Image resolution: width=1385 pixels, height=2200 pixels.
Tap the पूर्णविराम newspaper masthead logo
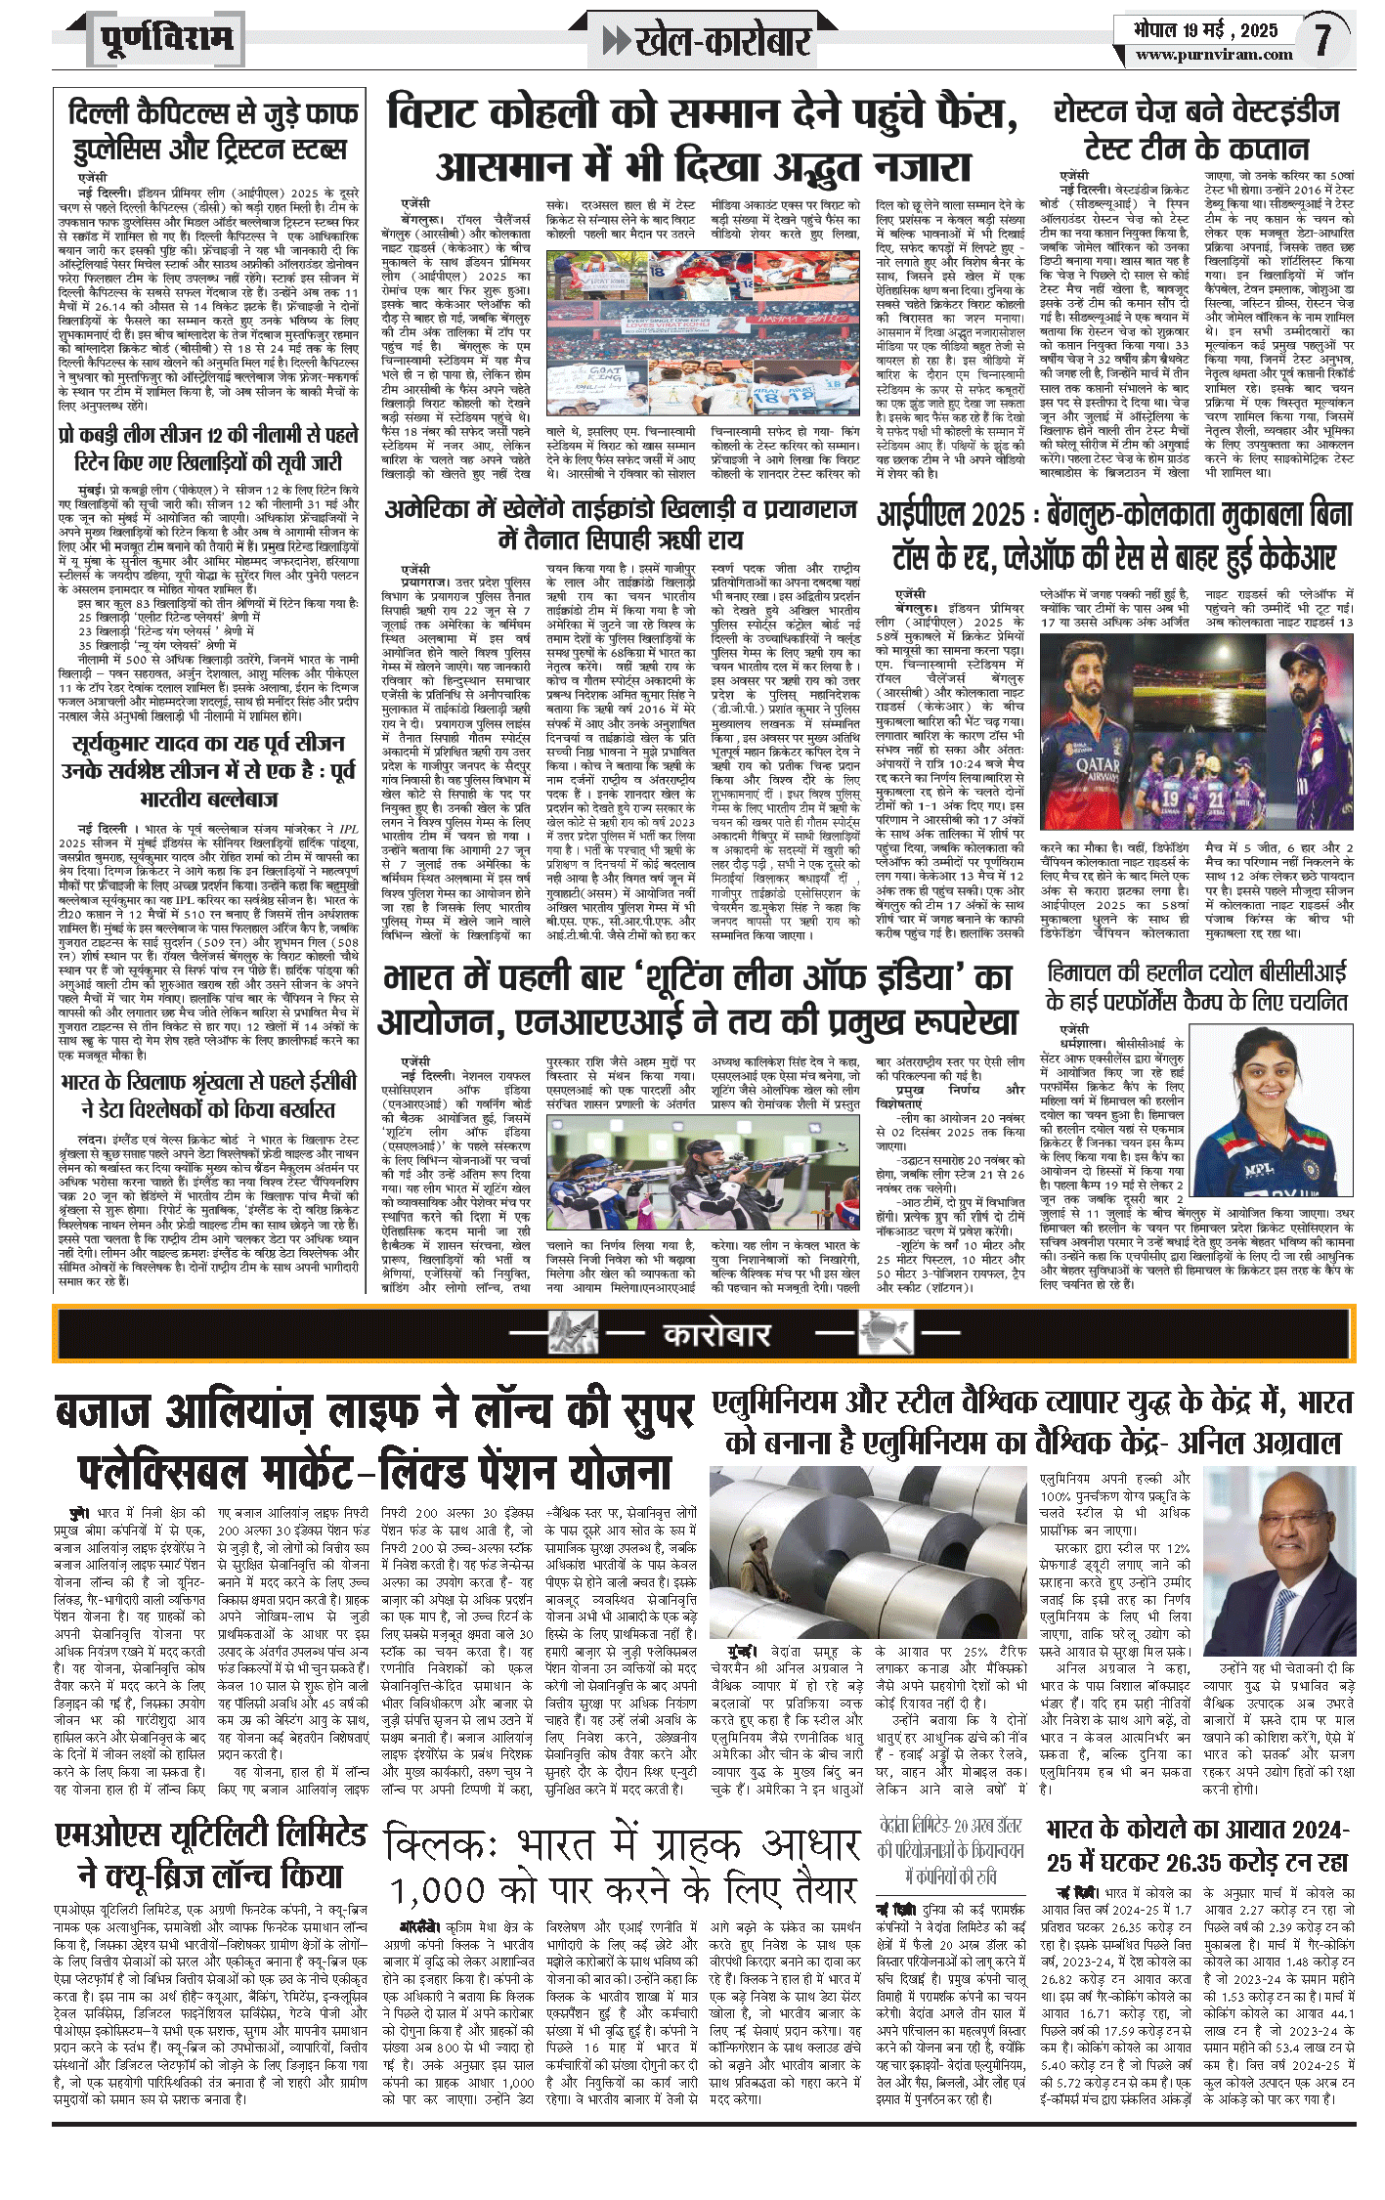(166, 40)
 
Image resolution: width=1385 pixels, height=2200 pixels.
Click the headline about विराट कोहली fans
(702, 138)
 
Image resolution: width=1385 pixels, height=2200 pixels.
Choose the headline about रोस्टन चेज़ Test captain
(1196, 130)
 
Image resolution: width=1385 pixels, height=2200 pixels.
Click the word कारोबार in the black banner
(717, 1334)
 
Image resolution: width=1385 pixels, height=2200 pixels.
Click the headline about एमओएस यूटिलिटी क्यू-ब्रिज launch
(211, 1855)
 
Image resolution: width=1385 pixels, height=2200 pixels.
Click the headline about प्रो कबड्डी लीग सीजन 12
(207, 448)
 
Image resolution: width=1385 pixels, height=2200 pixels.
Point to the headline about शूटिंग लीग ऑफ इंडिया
(698, 999)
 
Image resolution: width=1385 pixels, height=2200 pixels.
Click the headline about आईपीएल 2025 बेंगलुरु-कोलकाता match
(1114, 536)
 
